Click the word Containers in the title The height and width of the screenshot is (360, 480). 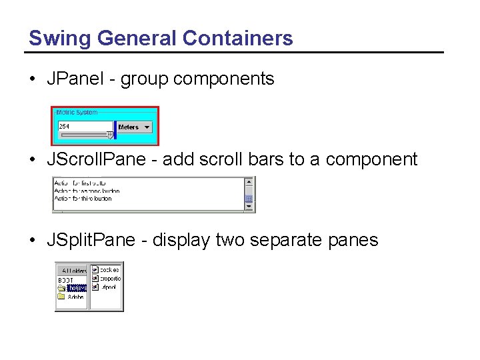point(237,38)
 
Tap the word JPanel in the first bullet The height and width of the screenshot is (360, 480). point(73,79)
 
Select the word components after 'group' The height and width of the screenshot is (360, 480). point(223,79)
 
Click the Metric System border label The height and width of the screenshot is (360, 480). point(77,113)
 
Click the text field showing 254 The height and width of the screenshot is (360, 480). point(85,127)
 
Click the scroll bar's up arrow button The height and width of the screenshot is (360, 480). point(249,181)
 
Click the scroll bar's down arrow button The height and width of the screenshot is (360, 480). point(249,207)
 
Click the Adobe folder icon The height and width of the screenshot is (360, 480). point(61,297)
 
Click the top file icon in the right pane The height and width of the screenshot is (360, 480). point(95,270)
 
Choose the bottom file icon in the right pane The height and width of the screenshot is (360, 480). point(95,287)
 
